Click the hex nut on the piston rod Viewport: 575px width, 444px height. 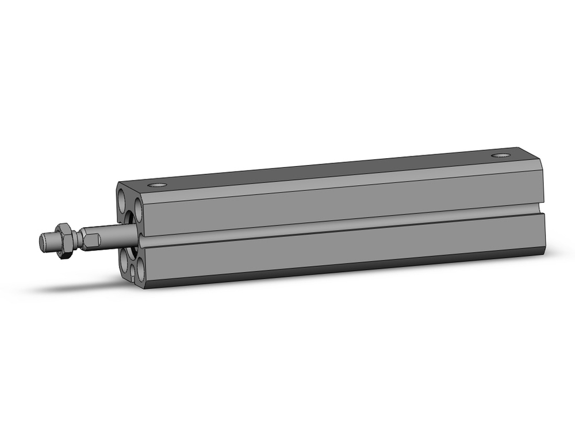point(67,237)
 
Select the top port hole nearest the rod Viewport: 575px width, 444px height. point(156,185)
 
